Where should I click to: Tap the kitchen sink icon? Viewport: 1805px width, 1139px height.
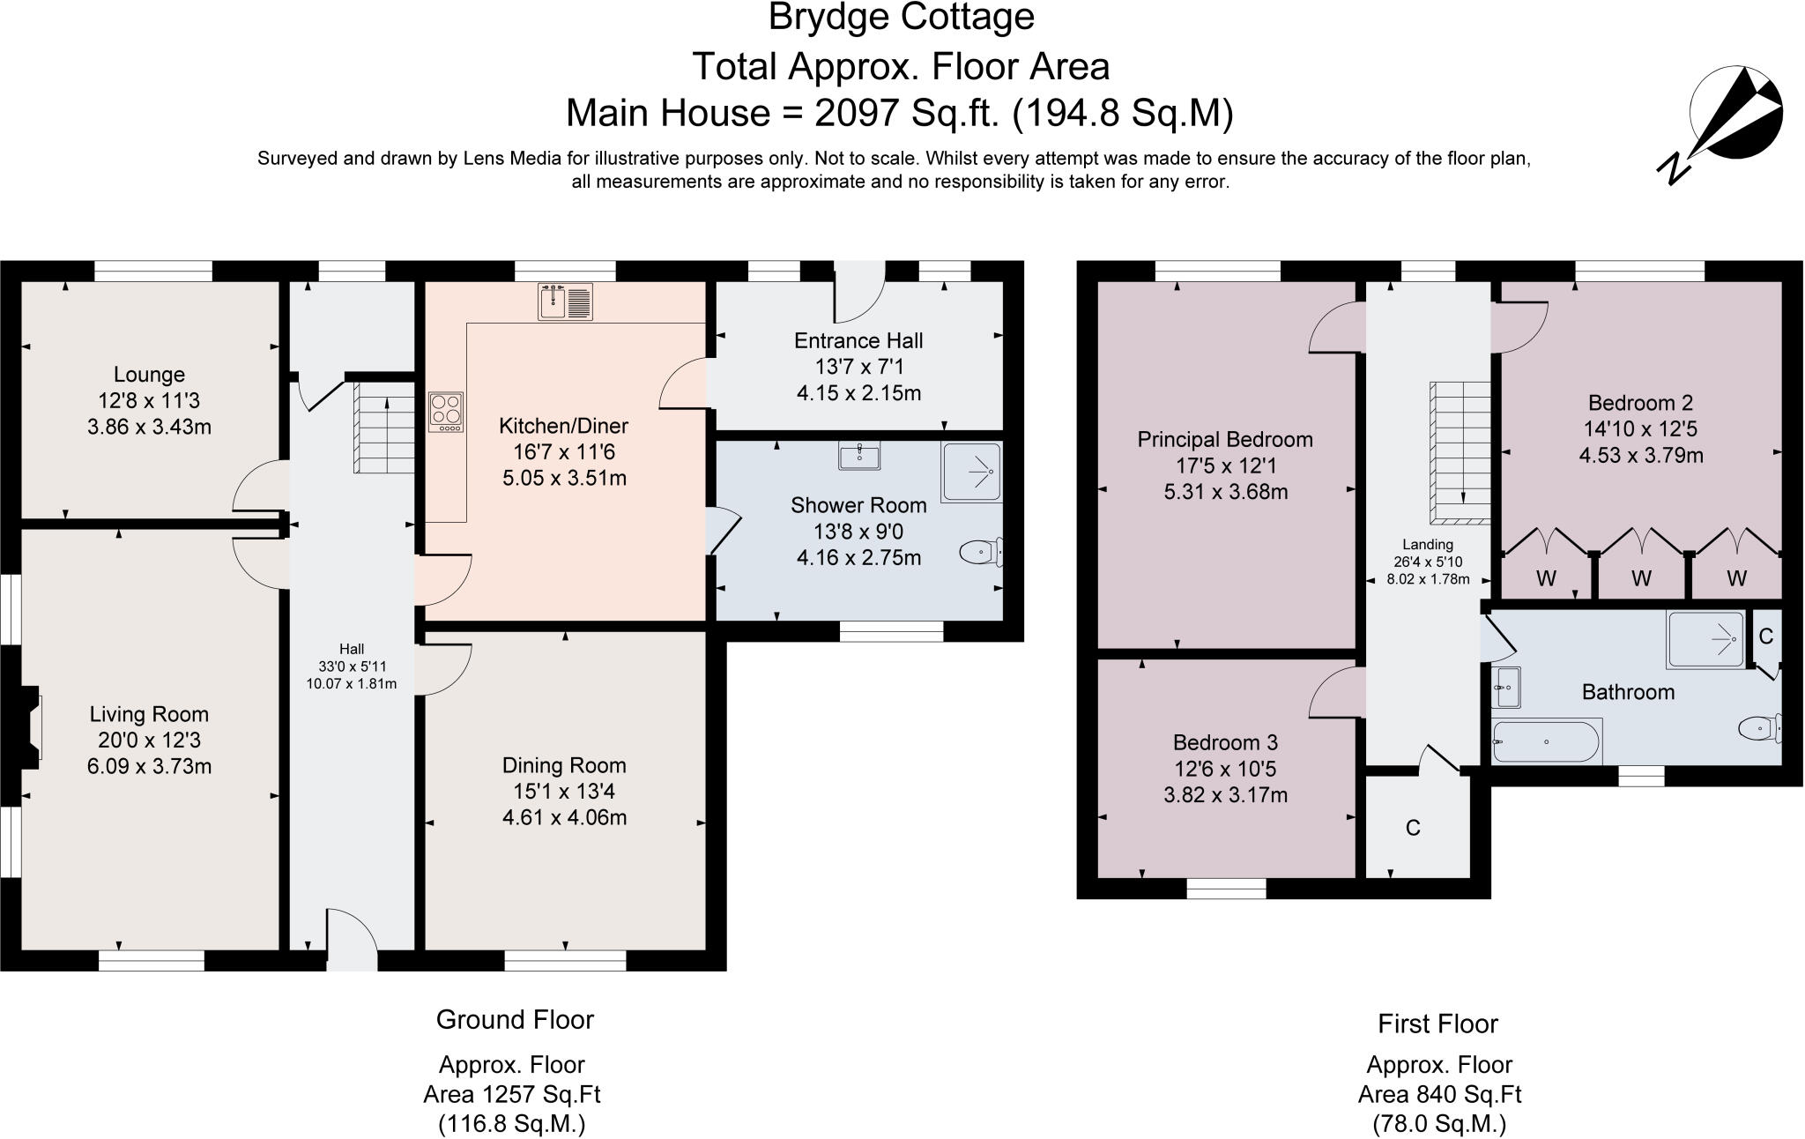point(565,302)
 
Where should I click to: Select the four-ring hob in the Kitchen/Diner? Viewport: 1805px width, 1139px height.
point(446,412)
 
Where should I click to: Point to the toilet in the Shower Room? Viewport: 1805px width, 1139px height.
point(981,553)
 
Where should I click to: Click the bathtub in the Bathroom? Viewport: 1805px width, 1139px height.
point(1546,741)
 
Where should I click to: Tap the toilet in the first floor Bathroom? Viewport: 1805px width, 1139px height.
point(1759,729)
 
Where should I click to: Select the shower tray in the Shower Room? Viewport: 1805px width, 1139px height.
point(971,473)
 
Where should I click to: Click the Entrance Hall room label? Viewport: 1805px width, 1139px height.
point(858,341)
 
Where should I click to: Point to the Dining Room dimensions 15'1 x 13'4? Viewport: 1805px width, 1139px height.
point(564,792)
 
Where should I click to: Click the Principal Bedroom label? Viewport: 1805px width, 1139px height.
point(1224,439)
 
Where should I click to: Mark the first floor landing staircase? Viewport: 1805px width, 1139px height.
point(1460,452)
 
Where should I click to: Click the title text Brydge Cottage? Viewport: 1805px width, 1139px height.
point(901,18)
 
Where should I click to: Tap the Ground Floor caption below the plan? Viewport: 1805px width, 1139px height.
point(515,1020)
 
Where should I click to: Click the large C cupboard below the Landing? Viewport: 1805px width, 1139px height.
point(1413,828)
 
